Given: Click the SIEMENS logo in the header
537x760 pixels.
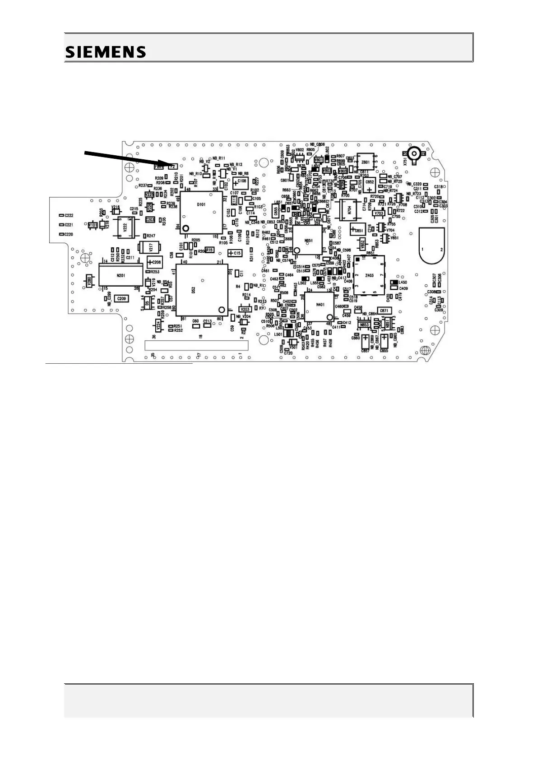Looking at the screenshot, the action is click(106, 52).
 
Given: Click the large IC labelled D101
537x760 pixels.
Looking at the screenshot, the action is click(201, 211).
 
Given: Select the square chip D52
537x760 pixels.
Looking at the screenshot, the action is click(202, 289).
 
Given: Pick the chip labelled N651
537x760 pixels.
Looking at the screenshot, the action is click(308, 240).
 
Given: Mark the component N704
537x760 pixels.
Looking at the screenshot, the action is click(349, 210).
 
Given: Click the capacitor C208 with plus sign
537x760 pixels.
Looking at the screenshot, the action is click(154, 262).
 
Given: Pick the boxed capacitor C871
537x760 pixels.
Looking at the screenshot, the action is click(384, 311).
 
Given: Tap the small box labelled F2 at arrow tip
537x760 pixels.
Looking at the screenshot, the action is click(172, 167).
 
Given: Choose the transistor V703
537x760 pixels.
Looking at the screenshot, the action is click(379, 213).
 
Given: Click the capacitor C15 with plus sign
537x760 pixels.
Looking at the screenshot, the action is click(235, 253).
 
